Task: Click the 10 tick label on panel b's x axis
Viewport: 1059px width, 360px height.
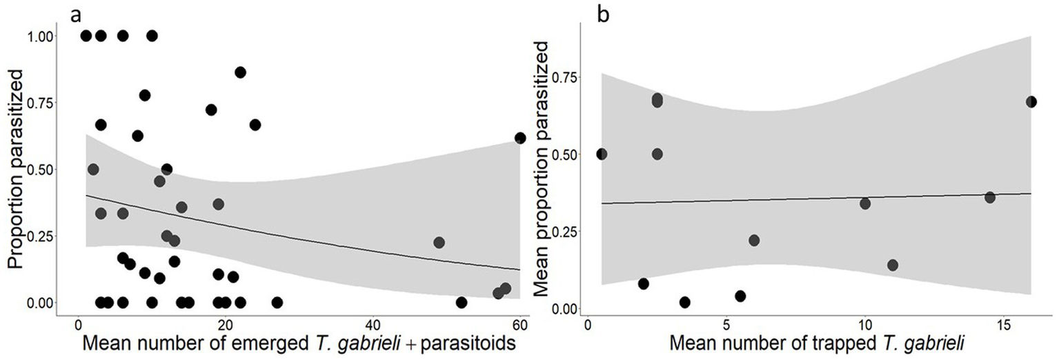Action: (865, 325)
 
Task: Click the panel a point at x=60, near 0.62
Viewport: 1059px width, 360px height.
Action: (520, 138)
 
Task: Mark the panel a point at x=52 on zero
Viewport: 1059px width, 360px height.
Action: (462, 302)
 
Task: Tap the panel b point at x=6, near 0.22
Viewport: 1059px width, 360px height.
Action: (754, 240)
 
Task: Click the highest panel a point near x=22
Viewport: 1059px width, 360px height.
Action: (240, 72)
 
